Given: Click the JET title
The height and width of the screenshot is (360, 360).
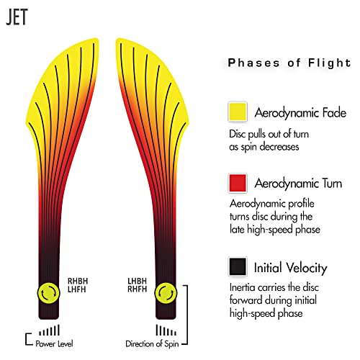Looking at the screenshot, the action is tap(17, 17).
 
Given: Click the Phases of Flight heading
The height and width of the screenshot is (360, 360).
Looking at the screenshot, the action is tap(289, 63).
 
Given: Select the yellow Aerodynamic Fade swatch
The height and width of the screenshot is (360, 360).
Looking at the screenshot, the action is tap(238, 112).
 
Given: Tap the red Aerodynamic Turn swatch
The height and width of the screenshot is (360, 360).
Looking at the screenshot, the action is tap(238, 183).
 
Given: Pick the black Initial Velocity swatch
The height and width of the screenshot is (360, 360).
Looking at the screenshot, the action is tap(238, 266).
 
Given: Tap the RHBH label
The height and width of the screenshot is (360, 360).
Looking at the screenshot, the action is tap(78, 281).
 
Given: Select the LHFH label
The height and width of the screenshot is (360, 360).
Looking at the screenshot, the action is tap(77, 289).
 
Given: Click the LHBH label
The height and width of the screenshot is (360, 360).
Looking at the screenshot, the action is tap(137, 281).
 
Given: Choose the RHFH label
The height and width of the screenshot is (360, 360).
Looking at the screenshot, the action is tap(137, 289).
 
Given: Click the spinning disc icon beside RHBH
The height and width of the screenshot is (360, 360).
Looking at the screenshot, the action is tap(48, 293).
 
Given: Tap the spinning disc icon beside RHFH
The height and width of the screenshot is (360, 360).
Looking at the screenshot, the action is tap(166, 293).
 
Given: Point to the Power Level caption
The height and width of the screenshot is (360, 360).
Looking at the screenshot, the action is tap(54, 344).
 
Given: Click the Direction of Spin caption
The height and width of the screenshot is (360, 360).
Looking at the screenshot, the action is tap(152, 344).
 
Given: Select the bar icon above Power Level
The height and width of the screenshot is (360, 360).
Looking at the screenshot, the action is tap(49, 330).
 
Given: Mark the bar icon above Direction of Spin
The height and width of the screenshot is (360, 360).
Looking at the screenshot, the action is tap(166, 330).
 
